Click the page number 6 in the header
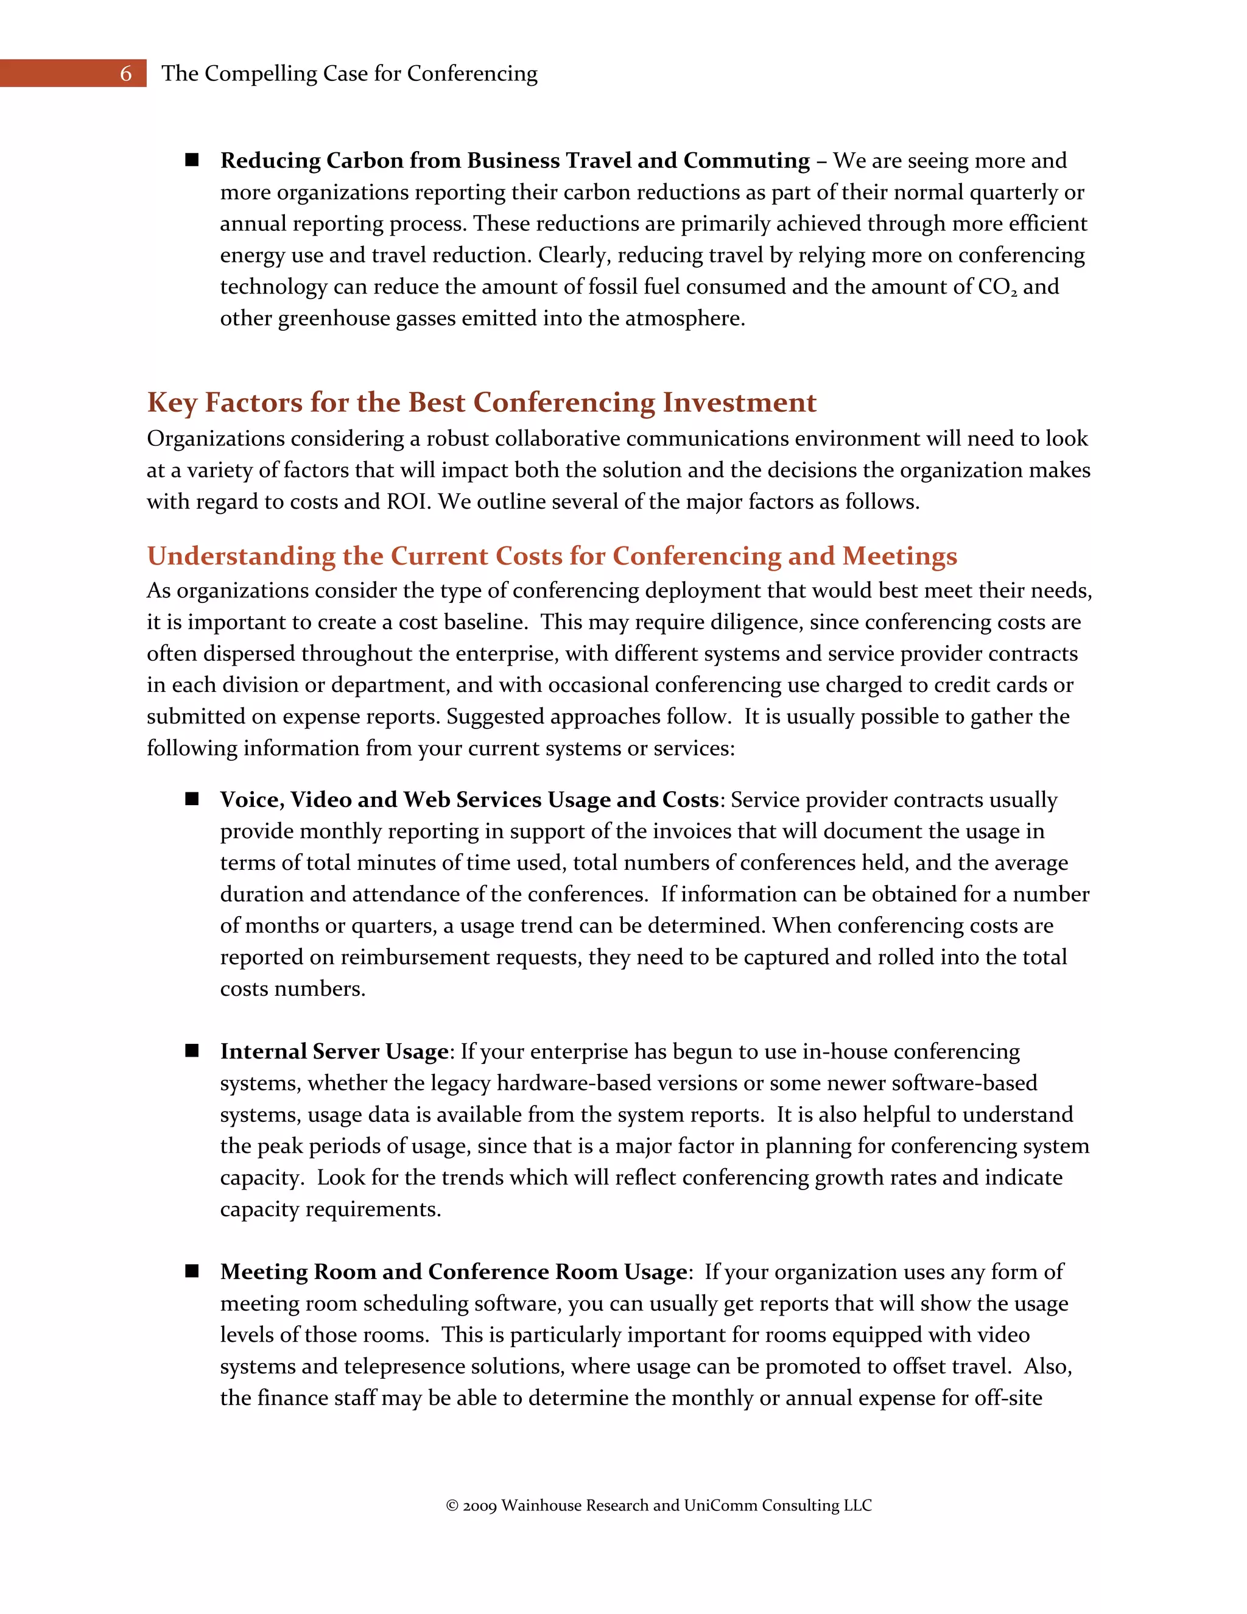click(125, 73)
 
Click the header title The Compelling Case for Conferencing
click(349, 73)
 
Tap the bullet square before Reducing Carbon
click(192, 160)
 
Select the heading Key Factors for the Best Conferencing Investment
click(482, 402)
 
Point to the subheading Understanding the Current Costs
click(552, 555)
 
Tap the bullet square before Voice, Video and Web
click(192, 799)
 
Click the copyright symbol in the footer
click(452, 1506)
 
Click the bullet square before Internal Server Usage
click(192, 1051)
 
